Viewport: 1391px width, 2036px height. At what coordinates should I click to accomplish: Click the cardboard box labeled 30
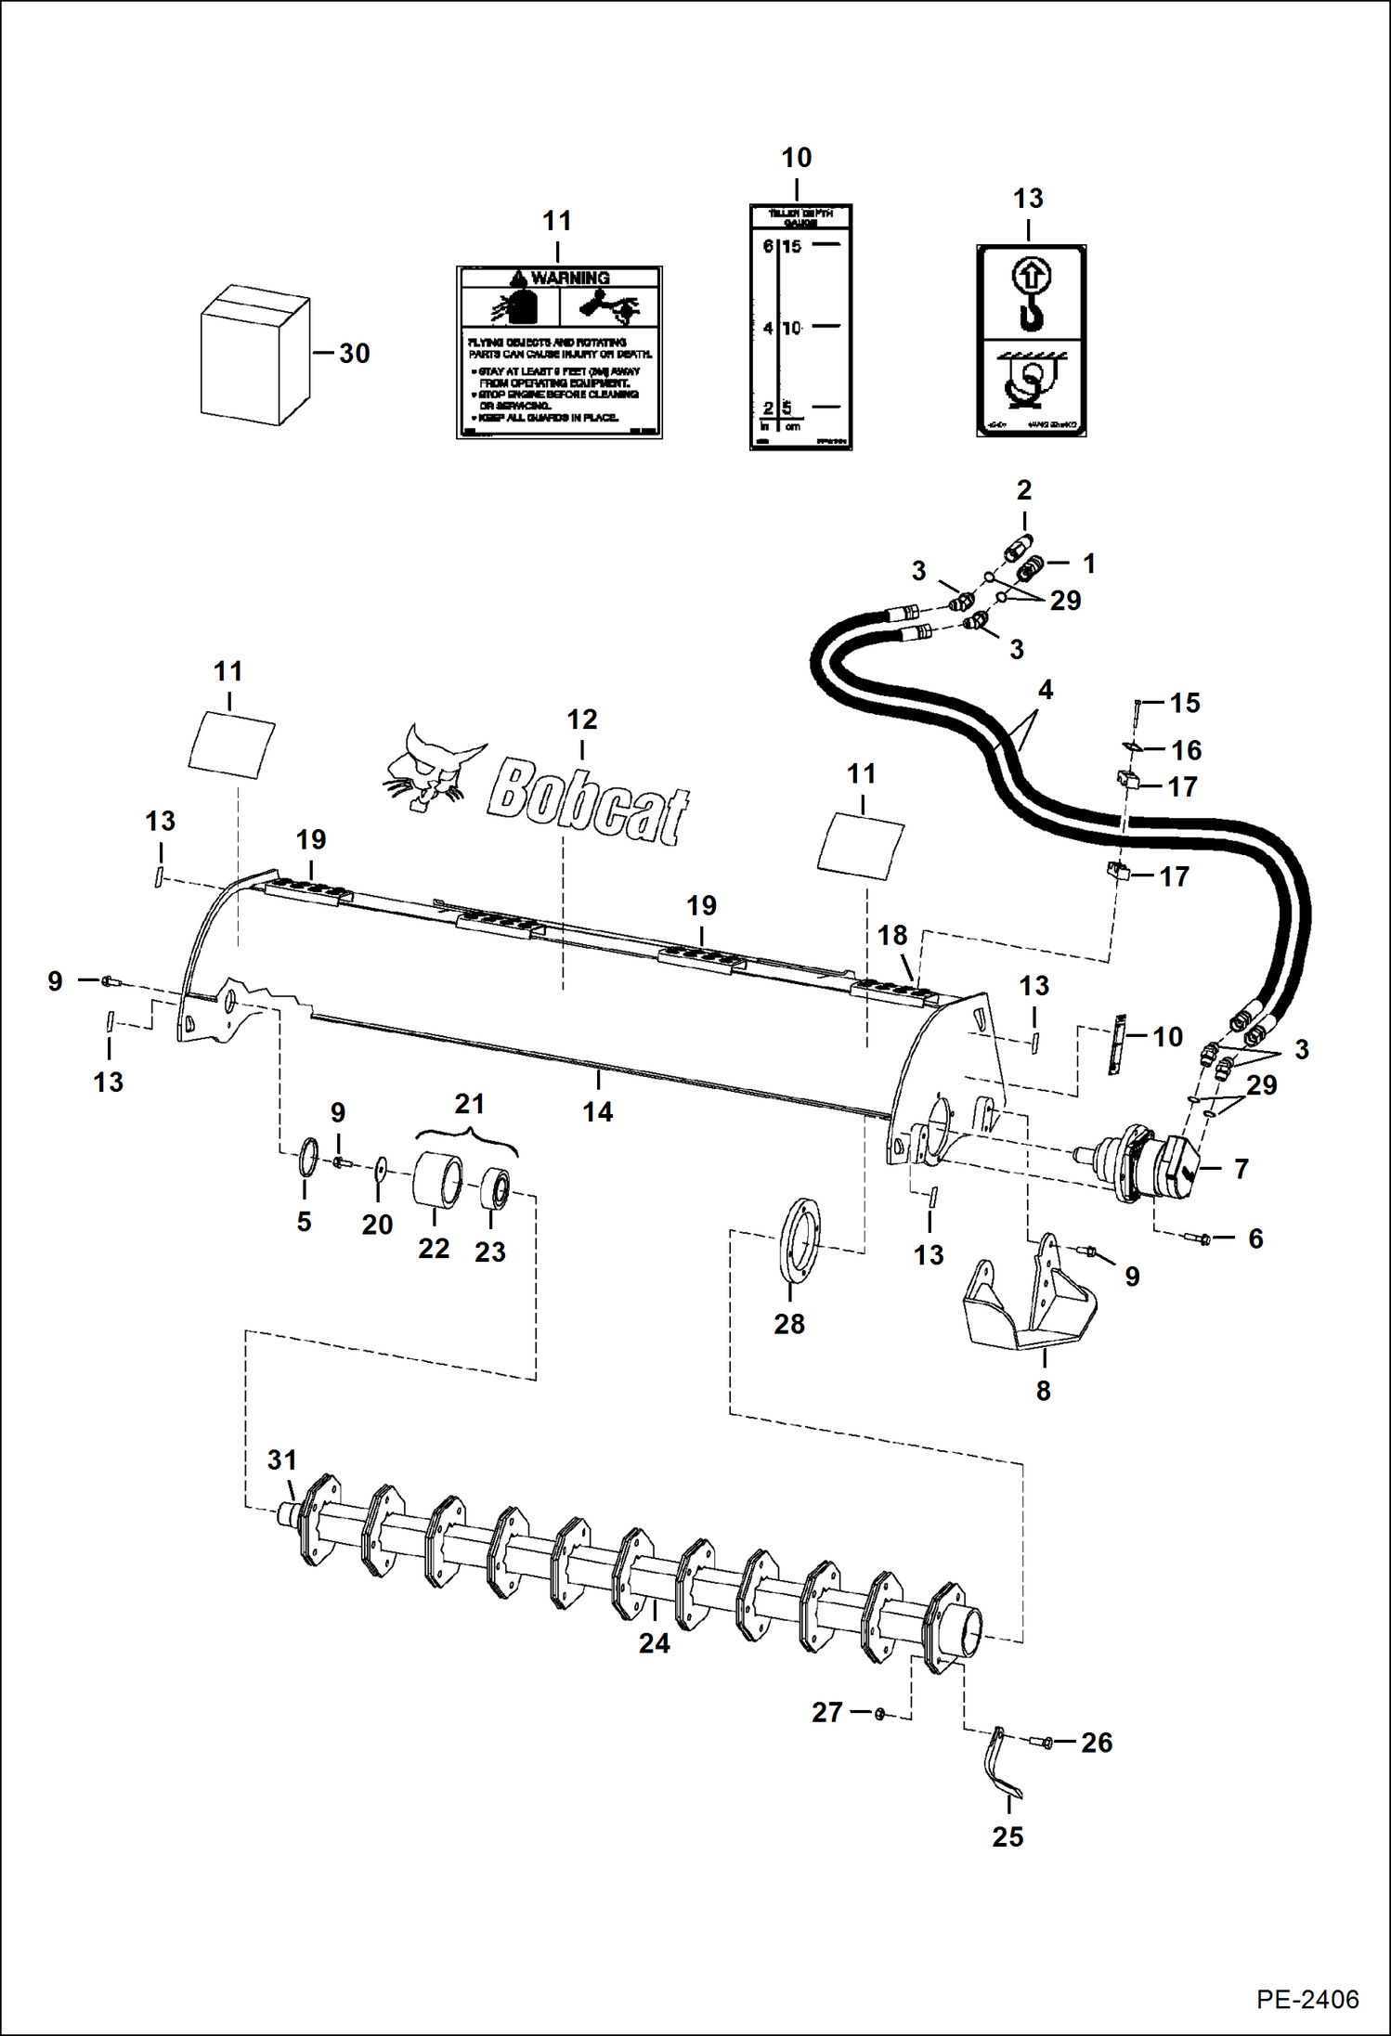coord(254,355)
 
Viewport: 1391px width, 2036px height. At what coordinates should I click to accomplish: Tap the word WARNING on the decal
coord(570,278)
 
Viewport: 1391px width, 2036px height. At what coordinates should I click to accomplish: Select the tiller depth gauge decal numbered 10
coord(800,327)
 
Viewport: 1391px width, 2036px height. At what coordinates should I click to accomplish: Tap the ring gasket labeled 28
coord(802,1241)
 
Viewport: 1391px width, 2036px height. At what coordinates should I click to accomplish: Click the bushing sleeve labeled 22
coord(437,1179)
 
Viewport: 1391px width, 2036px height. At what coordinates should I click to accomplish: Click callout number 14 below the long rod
coord(597,1111)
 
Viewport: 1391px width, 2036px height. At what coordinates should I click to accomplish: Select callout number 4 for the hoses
coord(1046,690)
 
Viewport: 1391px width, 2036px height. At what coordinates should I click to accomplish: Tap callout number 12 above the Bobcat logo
coord(582,719)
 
